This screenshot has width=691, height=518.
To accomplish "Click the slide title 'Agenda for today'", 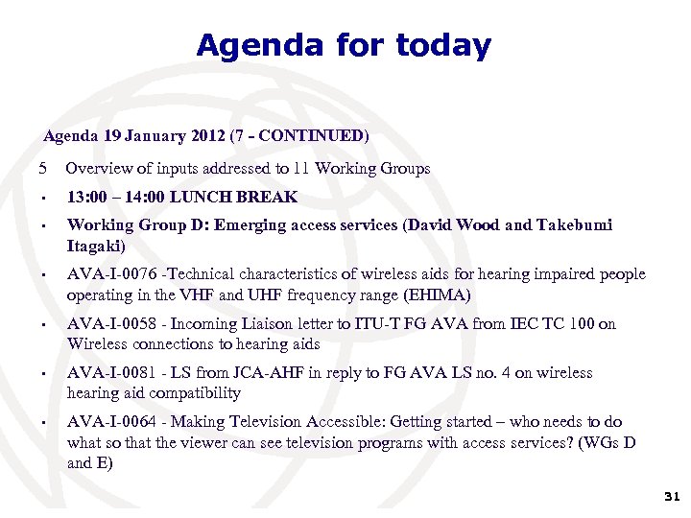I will click(x=344, y=45).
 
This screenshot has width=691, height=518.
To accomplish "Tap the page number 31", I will click(x=672, y=497).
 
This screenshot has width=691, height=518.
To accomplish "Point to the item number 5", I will click(x=42, y=169).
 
